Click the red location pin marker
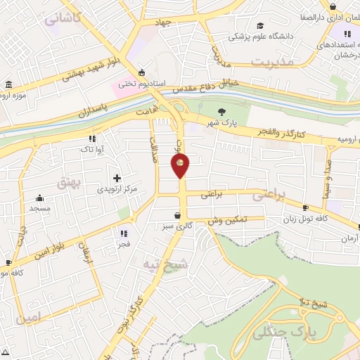pyautogui.click(x=180, y=165)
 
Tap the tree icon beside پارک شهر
pyautogui.click(x=222, y=111)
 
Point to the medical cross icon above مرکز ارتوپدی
pyautogui.click(x=117, y=178)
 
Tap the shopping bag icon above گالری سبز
pyautogui.click(x=177, y=215)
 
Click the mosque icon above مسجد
pyautogui.click(x=39, y=198)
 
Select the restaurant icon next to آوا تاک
pyautogui.click(x=92, y=138)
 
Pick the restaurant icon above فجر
pyautogui.click(x=124, y=233)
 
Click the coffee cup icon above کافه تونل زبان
pyautogui.click(x=305, y=207)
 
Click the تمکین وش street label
pyautogui.click(x=227, y=220)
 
